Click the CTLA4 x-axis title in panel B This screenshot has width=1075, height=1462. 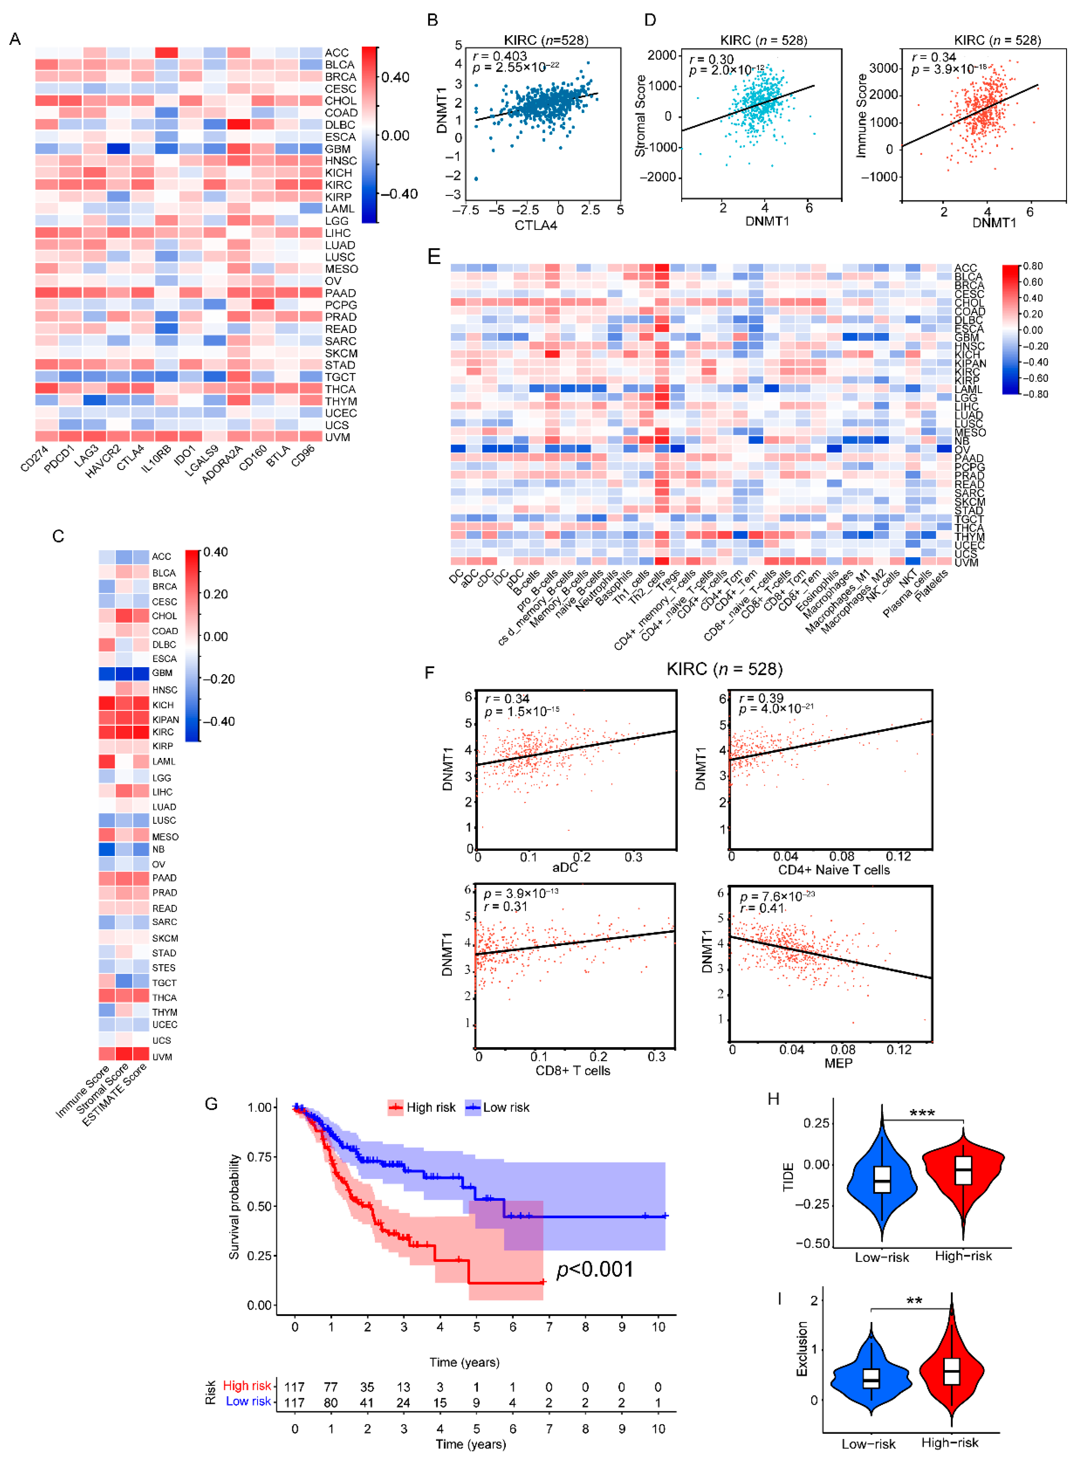(x=536, y=225)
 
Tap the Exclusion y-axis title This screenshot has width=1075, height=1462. (x=802, y=1348)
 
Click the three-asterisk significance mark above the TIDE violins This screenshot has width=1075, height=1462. (x=922, y=1113)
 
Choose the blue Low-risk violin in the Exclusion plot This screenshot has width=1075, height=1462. (x=871, y=1378)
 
